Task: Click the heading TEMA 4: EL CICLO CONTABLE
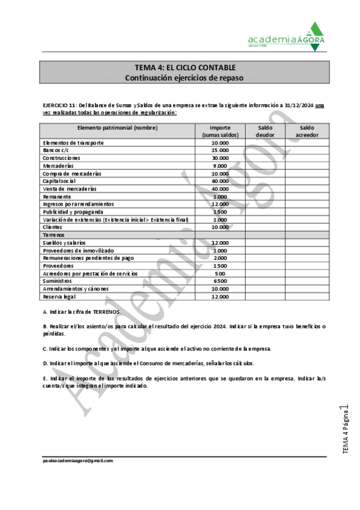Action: (x=185, y=67)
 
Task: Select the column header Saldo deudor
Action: (x=265, y=131)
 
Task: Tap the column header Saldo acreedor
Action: (x=307, y=131)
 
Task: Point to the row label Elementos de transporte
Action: (x=73, y=143)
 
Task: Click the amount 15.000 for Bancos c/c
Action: (x=220, y=150)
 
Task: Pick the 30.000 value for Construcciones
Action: (x=220, y=158)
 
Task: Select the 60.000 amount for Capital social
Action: (x=220, y=181)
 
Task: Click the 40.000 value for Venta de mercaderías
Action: (x=220, y=189)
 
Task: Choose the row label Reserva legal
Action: (x=60, y=297)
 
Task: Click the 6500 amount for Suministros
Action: (x=220, y=281)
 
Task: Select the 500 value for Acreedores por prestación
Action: (x=220, y=274)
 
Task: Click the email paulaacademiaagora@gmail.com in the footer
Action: (x=78, y=461)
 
